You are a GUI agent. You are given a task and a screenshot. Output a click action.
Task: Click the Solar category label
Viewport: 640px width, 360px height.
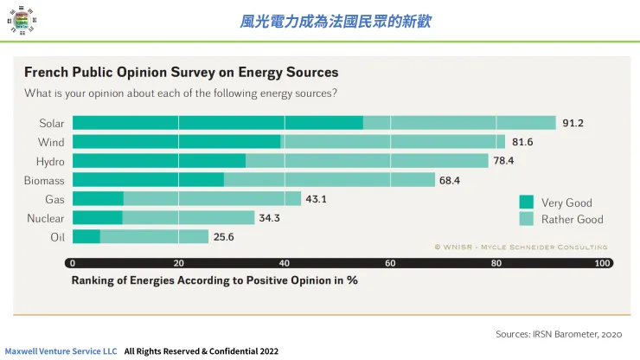click(52, 123)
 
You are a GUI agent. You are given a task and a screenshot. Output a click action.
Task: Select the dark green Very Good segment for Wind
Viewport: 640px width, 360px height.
click(176, 142)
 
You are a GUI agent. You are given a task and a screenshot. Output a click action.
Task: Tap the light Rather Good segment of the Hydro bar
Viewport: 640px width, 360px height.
click(368, 161)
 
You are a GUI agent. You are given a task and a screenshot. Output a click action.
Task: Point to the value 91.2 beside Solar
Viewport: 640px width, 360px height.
click(573, 123)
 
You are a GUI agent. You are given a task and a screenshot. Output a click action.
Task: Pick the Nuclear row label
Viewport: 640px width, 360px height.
click(45, 218)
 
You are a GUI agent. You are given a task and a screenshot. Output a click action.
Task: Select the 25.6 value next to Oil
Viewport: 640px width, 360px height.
click(225, 237)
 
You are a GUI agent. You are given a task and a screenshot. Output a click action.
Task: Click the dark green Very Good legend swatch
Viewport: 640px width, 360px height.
click(526, 202)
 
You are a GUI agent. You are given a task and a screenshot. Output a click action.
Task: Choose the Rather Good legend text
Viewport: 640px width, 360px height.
click(572, 219)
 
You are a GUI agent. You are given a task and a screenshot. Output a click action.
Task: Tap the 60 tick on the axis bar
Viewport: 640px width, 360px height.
click(390, 263)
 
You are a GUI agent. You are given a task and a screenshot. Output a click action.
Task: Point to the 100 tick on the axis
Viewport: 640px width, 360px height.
click(602, 263)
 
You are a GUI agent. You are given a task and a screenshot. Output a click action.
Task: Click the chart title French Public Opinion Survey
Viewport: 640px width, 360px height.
click(181, 72)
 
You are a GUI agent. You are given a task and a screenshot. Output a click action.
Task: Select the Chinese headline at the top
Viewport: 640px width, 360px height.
click(335, 22)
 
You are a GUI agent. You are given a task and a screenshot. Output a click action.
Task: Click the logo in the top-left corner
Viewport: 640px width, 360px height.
click(19, 19)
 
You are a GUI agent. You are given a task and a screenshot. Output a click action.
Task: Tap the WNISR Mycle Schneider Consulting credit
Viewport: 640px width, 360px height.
click(521, 247)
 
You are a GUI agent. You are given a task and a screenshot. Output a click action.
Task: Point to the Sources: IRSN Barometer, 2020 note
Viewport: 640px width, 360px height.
click(558, 333)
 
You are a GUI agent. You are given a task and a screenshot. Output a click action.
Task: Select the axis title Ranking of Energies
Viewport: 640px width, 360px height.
click(214, 280)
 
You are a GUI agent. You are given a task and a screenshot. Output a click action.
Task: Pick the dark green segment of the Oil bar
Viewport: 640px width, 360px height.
click(86, 237)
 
